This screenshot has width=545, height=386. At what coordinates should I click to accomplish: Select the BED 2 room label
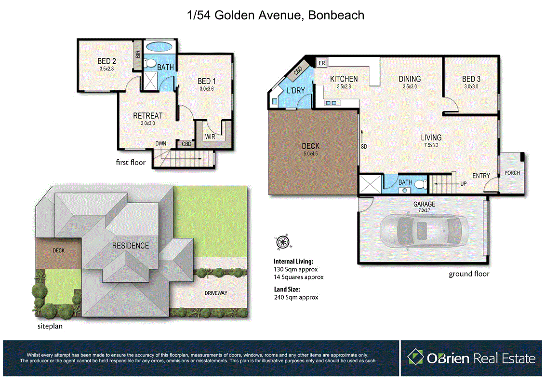(x=106, y=61)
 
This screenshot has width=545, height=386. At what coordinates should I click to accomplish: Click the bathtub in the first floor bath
(x=159, y=47)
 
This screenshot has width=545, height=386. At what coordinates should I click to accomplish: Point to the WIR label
(x=210, y=137)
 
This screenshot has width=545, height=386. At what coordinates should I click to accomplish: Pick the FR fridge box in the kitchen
(x=321, y=63)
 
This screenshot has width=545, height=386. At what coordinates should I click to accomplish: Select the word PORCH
(x=512, y=173)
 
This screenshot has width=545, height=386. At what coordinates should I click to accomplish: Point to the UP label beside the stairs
(x=464, y=184)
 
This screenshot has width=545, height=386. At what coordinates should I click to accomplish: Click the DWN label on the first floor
(x=160, y=143)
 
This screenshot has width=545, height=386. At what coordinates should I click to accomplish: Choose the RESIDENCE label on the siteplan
(x=131, y=246)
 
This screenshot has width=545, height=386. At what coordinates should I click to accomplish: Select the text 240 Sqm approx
(x=296, y=298)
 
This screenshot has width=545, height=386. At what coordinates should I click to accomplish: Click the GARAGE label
(x=424, y=204)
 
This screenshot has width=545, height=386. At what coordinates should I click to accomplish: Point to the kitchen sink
(x=331, y=102)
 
